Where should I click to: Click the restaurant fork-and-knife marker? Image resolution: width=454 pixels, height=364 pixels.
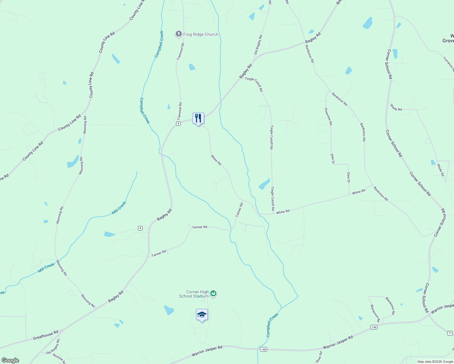pos(198,118)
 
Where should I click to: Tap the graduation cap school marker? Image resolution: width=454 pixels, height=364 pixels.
pos(202,315)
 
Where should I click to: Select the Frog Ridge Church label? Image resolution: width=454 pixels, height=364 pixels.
pos(201,34)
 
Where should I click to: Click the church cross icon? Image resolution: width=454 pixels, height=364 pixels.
pos(179,34)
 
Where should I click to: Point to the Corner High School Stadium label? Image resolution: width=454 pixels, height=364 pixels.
pos(194,294)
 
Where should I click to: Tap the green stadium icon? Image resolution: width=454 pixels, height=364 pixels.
pos(214,294)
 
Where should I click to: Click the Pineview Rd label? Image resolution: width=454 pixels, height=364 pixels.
pos(328,117)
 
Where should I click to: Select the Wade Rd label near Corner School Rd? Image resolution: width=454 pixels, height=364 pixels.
pos(396,107)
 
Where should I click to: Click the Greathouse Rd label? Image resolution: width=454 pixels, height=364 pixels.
pos(46,335)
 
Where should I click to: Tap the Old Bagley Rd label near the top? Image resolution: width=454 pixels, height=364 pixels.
pos(258,45)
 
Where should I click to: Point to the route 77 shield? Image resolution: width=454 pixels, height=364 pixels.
pos(450,333)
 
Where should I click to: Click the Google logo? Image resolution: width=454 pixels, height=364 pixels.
pos(10,360)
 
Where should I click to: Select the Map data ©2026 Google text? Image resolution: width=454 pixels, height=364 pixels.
pos(435,362)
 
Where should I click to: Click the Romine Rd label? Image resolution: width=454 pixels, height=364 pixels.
pos(59,359)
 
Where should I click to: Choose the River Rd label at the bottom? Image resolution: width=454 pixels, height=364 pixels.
pos(319,357)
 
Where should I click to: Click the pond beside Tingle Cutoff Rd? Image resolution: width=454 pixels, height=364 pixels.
pos(264,184)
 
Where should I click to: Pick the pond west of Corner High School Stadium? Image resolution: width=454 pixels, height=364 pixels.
pos(169,310)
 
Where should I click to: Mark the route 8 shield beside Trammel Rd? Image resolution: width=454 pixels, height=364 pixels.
pos(178,124)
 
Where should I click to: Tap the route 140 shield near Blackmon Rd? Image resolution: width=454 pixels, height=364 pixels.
pos(374,327)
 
